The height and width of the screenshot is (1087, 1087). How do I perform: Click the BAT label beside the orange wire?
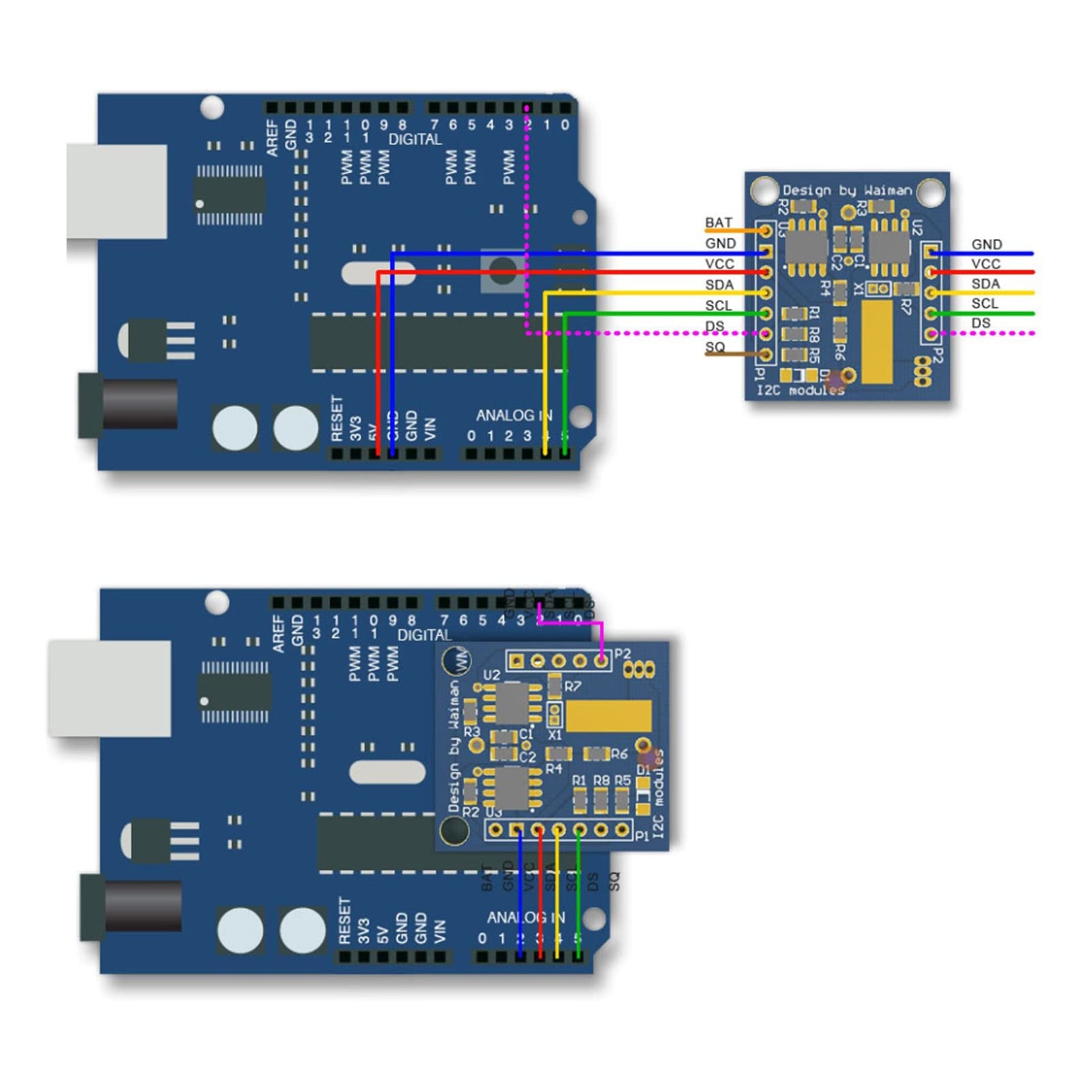coord(718,223)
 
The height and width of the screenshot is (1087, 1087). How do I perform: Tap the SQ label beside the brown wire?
coord(715,347)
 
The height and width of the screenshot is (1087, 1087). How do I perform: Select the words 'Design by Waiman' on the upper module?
coord(847,190)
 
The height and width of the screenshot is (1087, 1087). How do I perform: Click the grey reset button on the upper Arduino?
coord(503,270)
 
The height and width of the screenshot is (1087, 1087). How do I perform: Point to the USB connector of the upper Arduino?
coord(117,191)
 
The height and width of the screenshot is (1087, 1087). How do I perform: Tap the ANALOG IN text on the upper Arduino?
coord(514,415)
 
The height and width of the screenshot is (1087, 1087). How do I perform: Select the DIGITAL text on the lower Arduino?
coord(424,635)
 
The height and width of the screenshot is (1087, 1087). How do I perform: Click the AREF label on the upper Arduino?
coord(272,138)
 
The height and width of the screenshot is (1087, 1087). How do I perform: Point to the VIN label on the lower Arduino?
coord(440,931)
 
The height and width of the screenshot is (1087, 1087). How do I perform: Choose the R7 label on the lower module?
coord(573,686)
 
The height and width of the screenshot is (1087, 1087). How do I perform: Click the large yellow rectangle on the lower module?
coord(608,716)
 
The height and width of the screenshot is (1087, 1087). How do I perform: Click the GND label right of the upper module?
coord(986,244)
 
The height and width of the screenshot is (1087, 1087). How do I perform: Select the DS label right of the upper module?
coord(980,323)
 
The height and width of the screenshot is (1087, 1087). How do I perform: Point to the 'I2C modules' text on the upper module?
coord(800,390)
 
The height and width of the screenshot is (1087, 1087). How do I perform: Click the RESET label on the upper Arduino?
coord(337,418)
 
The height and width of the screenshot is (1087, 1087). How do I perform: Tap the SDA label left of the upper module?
coord(719,285)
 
